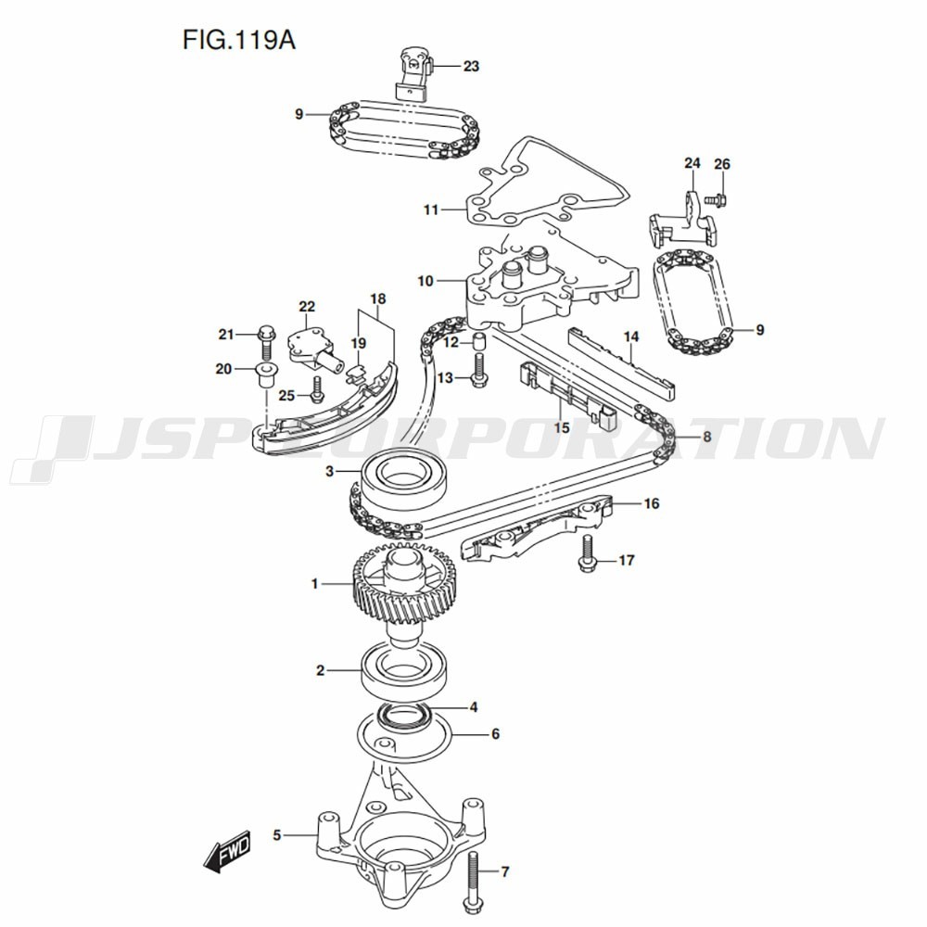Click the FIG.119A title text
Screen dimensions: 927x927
pos(239,41)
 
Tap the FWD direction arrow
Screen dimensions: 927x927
pos(228,853)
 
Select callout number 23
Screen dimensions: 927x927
pos(471,66)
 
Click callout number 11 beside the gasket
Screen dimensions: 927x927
pos(431,210)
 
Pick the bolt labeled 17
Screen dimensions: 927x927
pos(587,552)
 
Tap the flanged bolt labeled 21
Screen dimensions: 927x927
pos(265,342)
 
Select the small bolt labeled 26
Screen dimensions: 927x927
pos(718,200)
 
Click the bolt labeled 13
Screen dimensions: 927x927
pos(478,370)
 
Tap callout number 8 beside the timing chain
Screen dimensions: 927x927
pos(706,437)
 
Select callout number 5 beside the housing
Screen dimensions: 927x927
pos(277,835)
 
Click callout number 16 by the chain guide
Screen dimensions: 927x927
pos(651,503)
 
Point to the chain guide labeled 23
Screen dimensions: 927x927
pos(414,72)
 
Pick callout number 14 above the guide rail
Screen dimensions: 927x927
pos(630,337)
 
